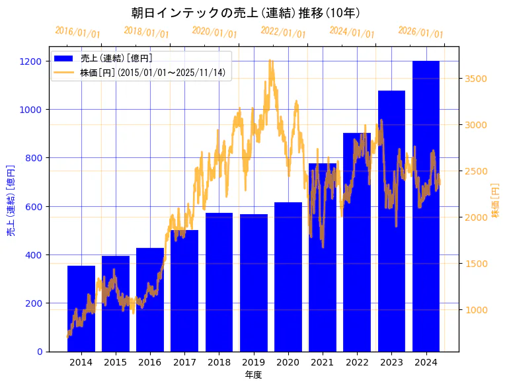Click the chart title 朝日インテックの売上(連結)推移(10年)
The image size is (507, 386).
click(245, 13)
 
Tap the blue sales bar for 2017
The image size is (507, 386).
click(184, 291)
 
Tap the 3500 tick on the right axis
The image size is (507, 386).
click(476, 79)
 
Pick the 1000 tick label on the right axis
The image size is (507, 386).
click(476, 310)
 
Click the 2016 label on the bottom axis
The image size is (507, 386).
click(150, 362)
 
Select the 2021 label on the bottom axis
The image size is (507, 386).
click(322, 362)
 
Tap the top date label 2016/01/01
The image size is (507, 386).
click(78, 32)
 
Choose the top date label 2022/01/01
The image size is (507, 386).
click(284, 32)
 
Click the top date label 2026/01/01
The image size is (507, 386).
click(421, 32)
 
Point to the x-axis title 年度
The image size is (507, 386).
click(253, 375)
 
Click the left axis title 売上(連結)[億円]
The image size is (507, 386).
click(11, 200)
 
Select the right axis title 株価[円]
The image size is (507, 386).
click(495, 200)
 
